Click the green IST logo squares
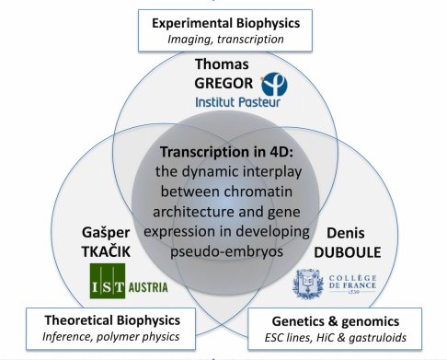(109, 280)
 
